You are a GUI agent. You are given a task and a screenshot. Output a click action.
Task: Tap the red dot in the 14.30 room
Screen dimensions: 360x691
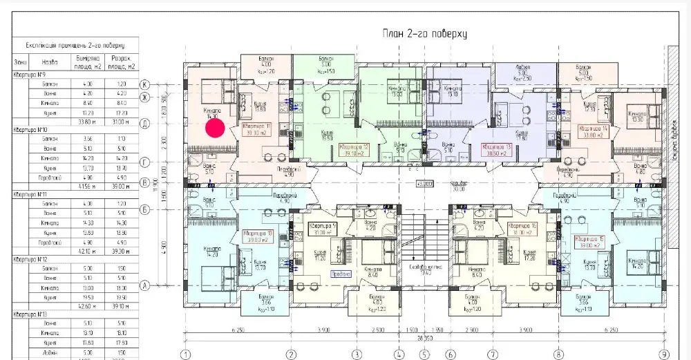tap(215, 128)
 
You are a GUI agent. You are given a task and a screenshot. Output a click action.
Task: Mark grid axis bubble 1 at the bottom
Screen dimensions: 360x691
tap(185, 354)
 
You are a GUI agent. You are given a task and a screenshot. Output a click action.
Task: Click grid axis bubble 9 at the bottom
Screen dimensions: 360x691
tap(664, 354)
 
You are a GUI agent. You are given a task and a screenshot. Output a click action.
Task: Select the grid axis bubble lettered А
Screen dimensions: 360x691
tap(146, 284)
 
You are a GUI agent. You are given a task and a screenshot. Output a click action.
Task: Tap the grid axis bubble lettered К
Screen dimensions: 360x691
tap(146, 84)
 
